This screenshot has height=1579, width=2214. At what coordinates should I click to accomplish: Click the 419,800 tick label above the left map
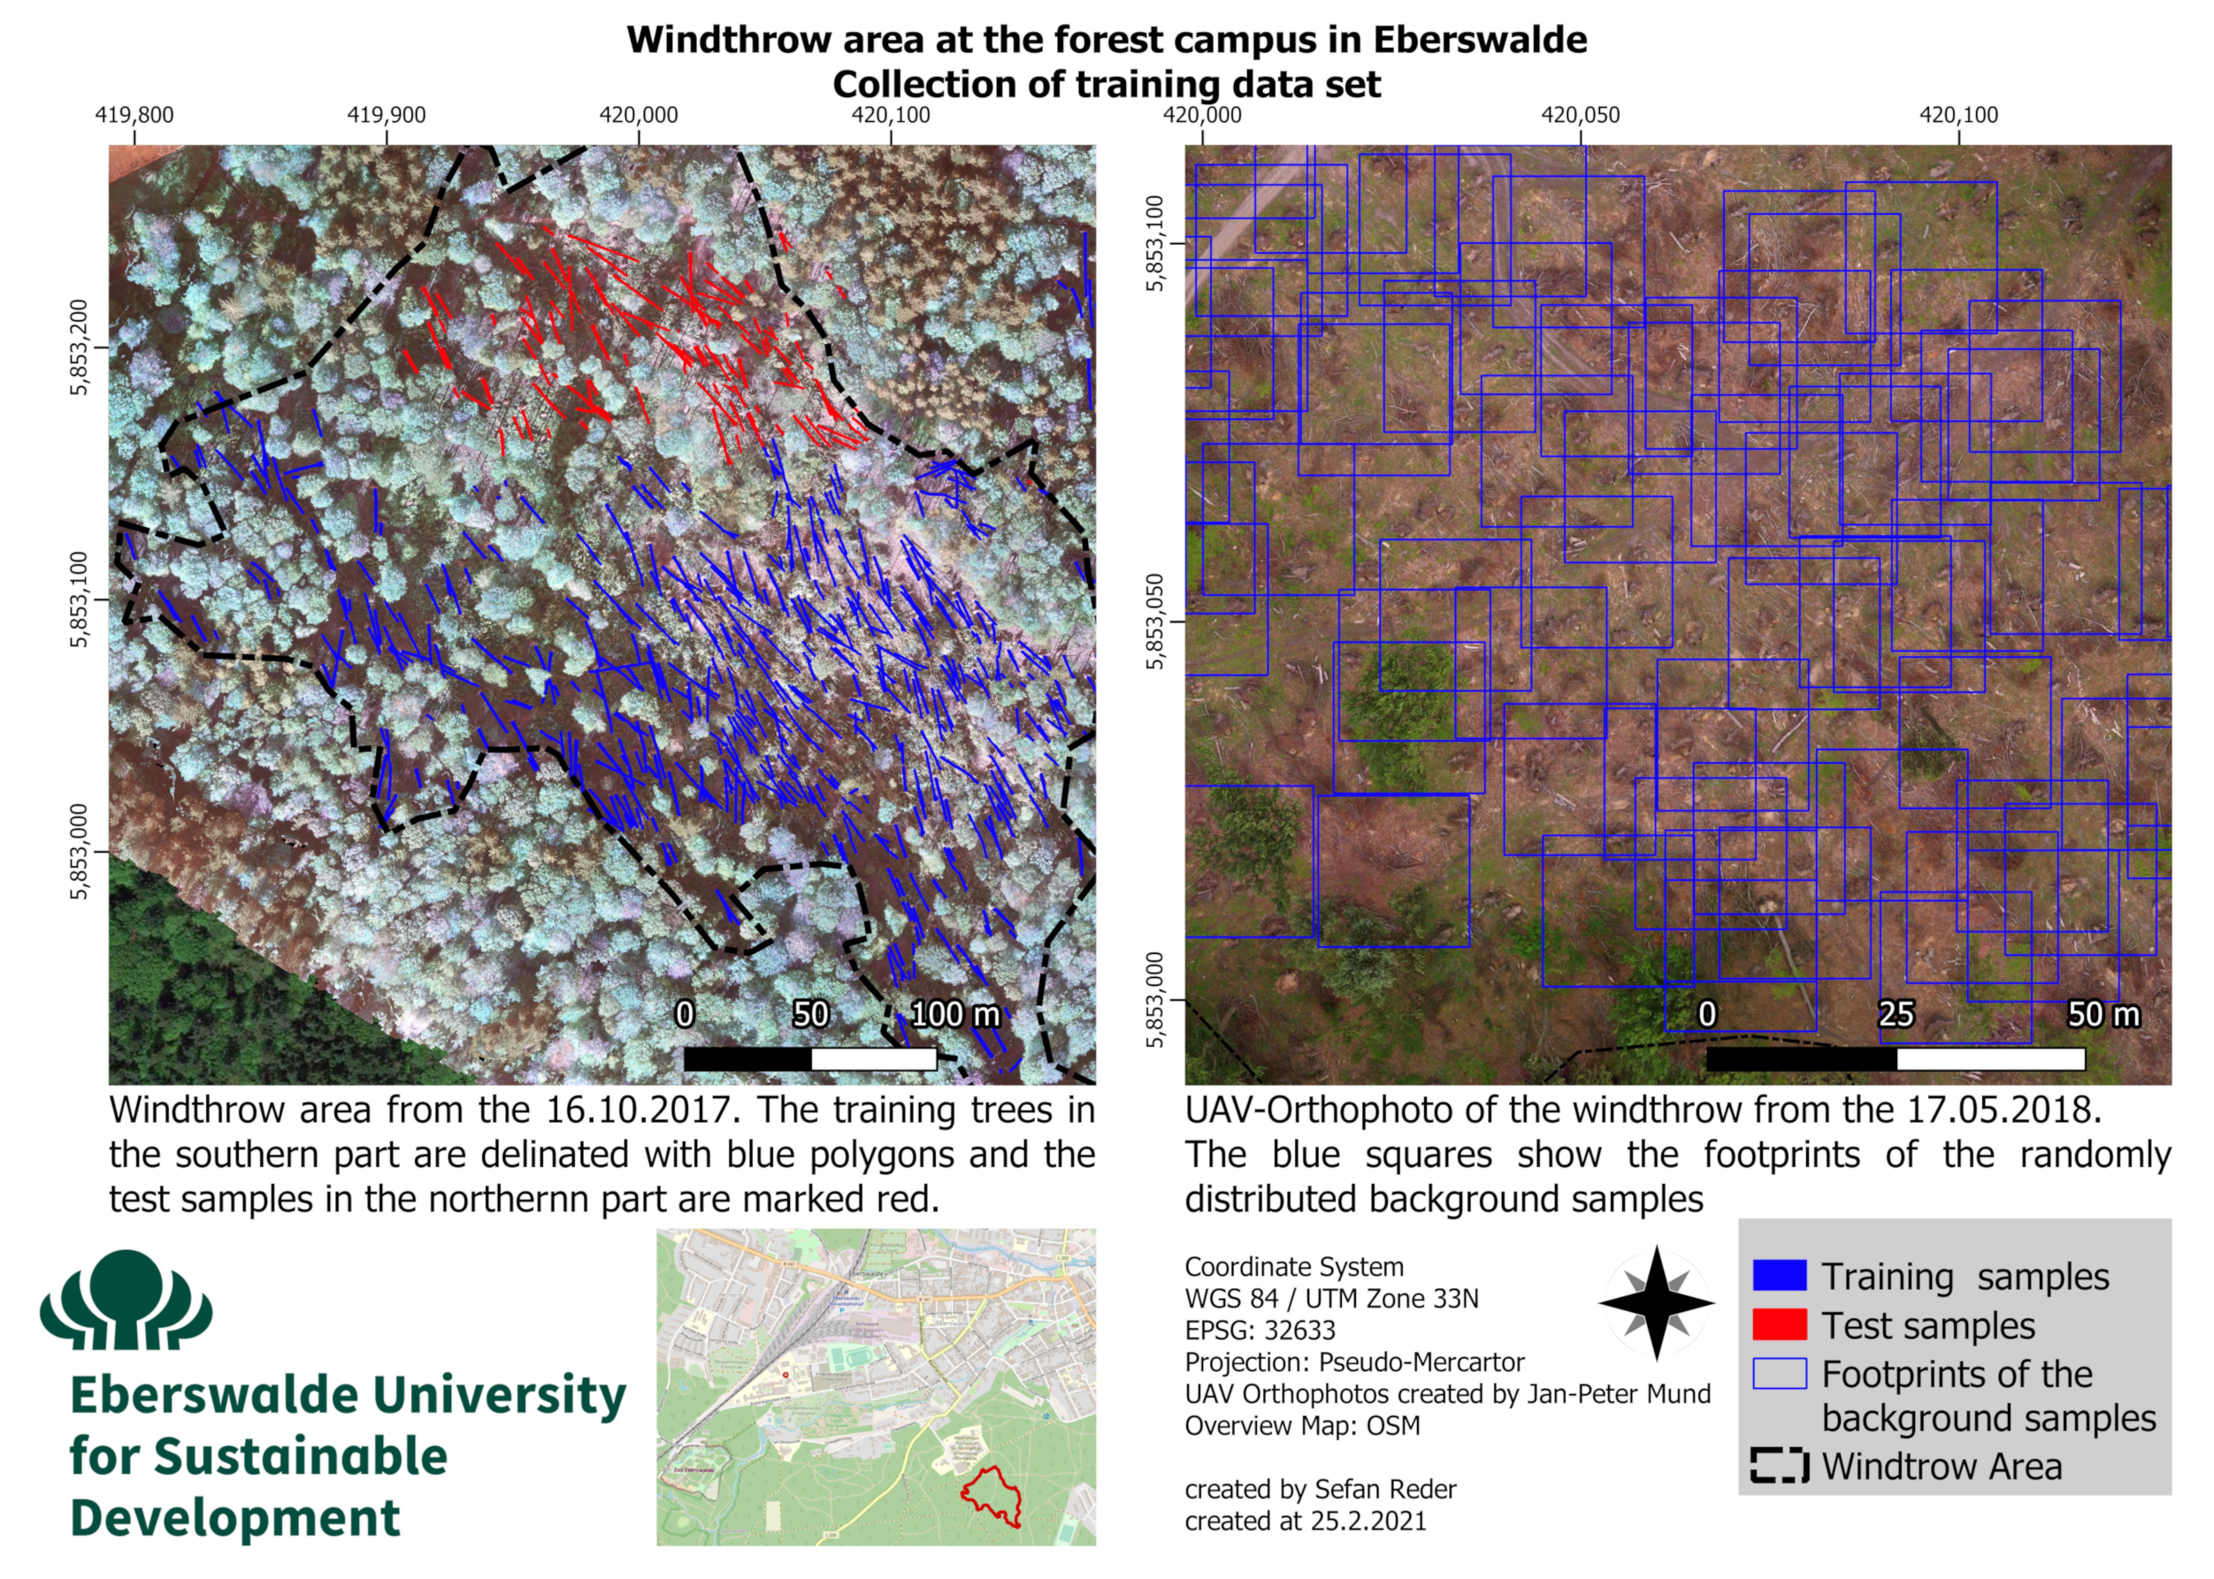click(x=134, y=115)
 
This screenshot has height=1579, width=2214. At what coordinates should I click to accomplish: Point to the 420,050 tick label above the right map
click(x=1580, y=115)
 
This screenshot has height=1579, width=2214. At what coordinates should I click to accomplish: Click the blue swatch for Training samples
click(x=1779, y=1275)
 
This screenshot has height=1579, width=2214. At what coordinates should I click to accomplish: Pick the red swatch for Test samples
click(x=1779, y=1324)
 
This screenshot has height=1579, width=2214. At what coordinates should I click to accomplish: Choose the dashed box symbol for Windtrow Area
click(x=1779, y=1465)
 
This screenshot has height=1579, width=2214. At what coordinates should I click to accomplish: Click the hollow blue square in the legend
click(x=1779, y=1373)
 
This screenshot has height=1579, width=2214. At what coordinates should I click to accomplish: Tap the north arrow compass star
click(x=1657, y=1303)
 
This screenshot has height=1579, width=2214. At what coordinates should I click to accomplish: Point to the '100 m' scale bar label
click(x=954, y=1014)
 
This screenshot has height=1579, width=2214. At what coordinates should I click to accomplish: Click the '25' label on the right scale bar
click(x=1896, y=1014)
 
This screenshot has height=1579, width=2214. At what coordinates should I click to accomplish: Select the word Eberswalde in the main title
click(x=1480, y=40)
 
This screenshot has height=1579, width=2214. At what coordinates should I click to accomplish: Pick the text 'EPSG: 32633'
click(x=1260, y=1330)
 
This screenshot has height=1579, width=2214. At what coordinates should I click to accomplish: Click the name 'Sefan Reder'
click(x=1385, y=1490)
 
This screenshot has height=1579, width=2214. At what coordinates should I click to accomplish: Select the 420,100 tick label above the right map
click(x=1958, y=115)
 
